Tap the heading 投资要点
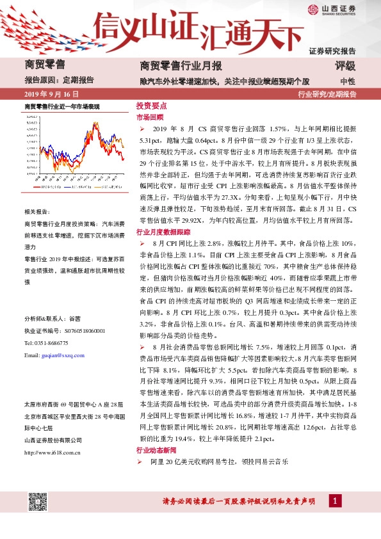pyautogui.click(x=151, y=106)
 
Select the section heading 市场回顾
pyautogui.click(x=150, y=118)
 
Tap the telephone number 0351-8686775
pyautogui.click(x=56, y=342)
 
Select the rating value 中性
pyautogui.click(x=348, y=81)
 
